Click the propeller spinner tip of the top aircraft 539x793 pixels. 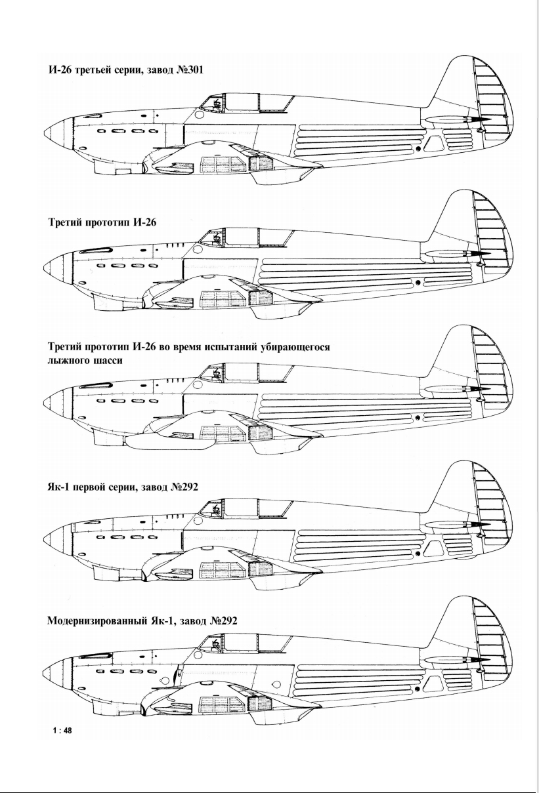click(45, 132)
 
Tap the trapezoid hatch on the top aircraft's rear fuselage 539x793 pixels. click(433, 143)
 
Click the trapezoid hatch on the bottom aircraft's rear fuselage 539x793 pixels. click(433, 680)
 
